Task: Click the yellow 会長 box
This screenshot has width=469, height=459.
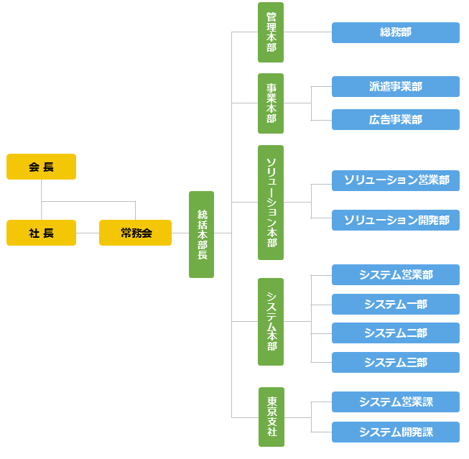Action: (41, 167)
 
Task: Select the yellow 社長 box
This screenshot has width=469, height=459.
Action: (41, 233)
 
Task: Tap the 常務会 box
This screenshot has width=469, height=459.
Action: (135, 233)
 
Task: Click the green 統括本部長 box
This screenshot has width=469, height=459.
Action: (201, 234)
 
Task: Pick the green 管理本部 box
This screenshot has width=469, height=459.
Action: (271, 32)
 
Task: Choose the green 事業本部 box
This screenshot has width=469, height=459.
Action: (271, 103)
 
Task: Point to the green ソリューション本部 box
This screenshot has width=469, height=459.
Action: (271, 203)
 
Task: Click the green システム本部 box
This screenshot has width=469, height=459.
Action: (271, 322)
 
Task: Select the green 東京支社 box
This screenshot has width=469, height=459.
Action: (271, 417)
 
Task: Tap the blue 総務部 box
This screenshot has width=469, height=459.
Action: (395, 32)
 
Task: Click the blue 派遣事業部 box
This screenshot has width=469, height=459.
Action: (395, 87)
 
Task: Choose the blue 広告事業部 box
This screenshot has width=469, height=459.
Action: (395, 120)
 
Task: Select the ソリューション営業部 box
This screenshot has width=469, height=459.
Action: (395, 180)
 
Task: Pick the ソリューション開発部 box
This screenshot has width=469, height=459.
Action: (395, 220)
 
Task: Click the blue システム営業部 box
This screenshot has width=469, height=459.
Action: (395, 274)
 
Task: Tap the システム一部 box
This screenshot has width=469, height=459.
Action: (395, 304)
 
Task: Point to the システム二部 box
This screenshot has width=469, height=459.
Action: (395, 333)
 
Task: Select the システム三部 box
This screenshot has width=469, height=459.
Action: (395, 362)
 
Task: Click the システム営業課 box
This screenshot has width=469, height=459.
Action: (395, 402)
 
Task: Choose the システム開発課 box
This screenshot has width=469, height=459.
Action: (395, 432)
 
